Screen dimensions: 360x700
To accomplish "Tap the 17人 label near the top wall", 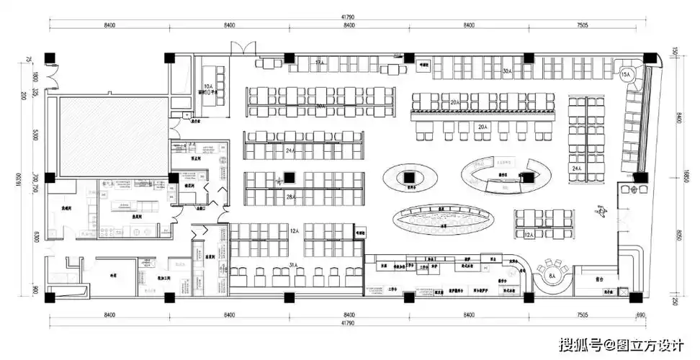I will [318, 63].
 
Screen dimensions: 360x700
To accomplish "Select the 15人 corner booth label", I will [625, 74].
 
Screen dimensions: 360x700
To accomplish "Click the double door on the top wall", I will [241, 49].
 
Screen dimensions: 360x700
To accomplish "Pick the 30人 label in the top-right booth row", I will [506, 71].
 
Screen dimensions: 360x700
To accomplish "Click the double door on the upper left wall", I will [50, 74].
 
